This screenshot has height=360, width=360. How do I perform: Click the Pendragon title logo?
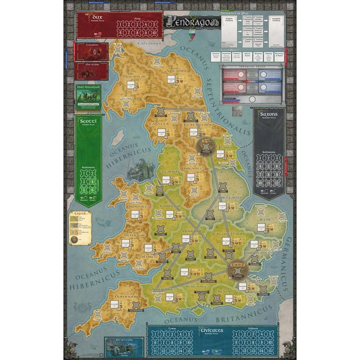[184, 21]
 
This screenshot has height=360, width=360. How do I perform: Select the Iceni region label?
[265, 219]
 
